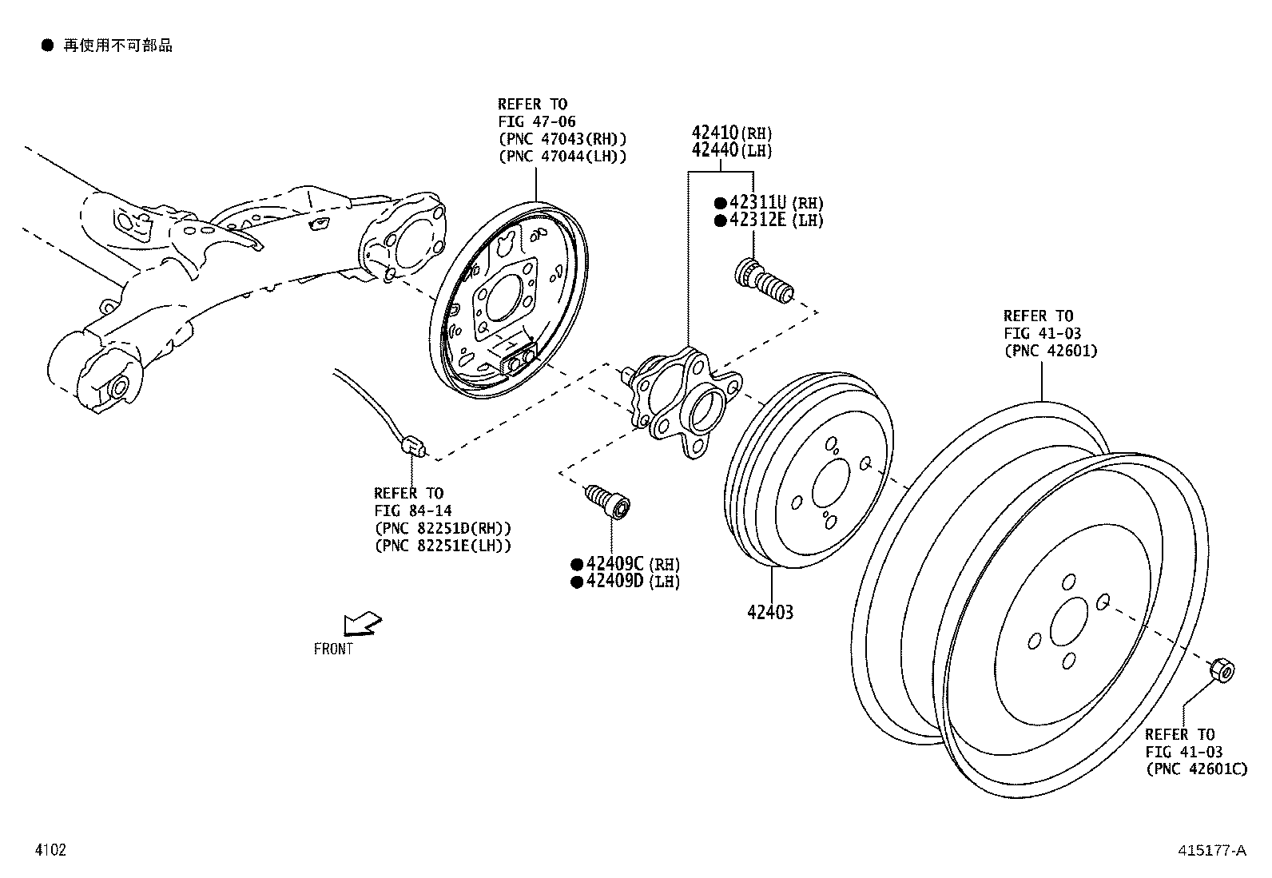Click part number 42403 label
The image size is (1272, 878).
[x=770, y=613]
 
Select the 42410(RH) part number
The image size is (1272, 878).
[x=731, y=133]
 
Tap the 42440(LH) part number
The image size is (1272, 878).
[x=731, y=150]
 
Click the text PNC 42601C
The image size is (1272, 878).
[x=1195, y=769]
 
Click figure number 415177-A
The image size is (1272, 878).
[x=1210, y=851]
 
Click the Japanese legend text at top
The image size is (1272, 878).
[x=117, y=46]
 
